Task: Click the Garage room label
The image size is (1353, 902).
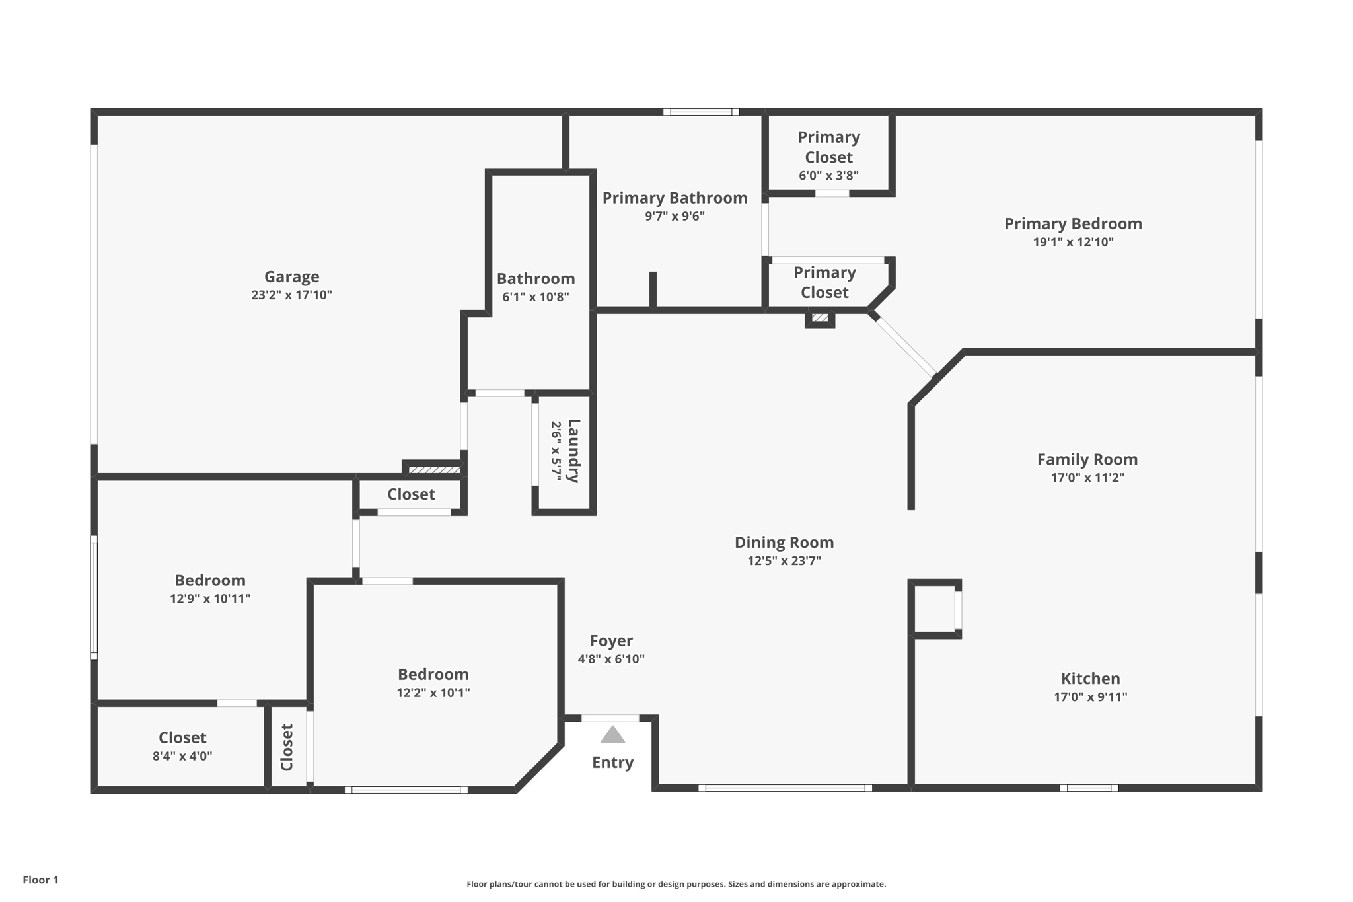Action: tap(291, 276)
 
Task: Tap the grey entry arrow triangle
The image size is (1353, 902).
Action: tap(612, 735)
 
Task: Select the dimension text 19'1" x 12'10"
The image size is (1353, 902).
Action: tap(1073, 242)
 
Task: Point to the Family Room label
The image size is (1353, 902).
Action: tap(1087, 459)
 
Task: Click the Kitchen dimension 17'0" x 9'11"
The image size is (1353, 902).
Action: tap(1090, 696)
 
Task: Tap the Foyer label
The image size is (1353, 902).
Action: tap(611, 640)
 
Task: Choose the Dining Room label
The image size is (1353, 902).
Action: tap(784, 543)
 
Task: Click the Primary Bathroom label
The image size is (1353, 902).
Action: tap(675, 198)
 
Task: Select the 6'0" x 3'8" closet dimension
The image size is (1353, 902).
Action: tap(828, 176)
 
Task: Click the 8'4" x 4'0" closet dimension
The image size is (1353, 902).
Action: tap(182, 756)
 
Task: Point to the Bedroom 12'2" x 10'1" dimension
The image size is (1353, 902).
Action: tap(433, 693)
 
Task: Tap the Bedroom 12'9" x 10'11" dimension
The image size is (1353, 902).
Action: tap(210, 599)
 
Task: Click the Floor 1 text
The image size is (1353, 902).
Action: tap(41, 880)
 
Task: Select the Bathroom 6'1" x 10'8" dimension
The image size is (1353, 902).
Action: tap(535, 297)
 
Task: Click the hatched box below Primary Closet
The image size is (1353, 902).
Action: tap(820, 318)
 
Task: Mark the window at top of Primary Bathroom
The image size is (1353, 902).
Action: tap(701, 112)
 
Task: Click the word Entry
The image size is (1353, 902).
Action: tap(612, 763)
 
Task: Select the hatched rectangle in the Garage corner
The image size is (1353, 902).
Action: tap(433, 470)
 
